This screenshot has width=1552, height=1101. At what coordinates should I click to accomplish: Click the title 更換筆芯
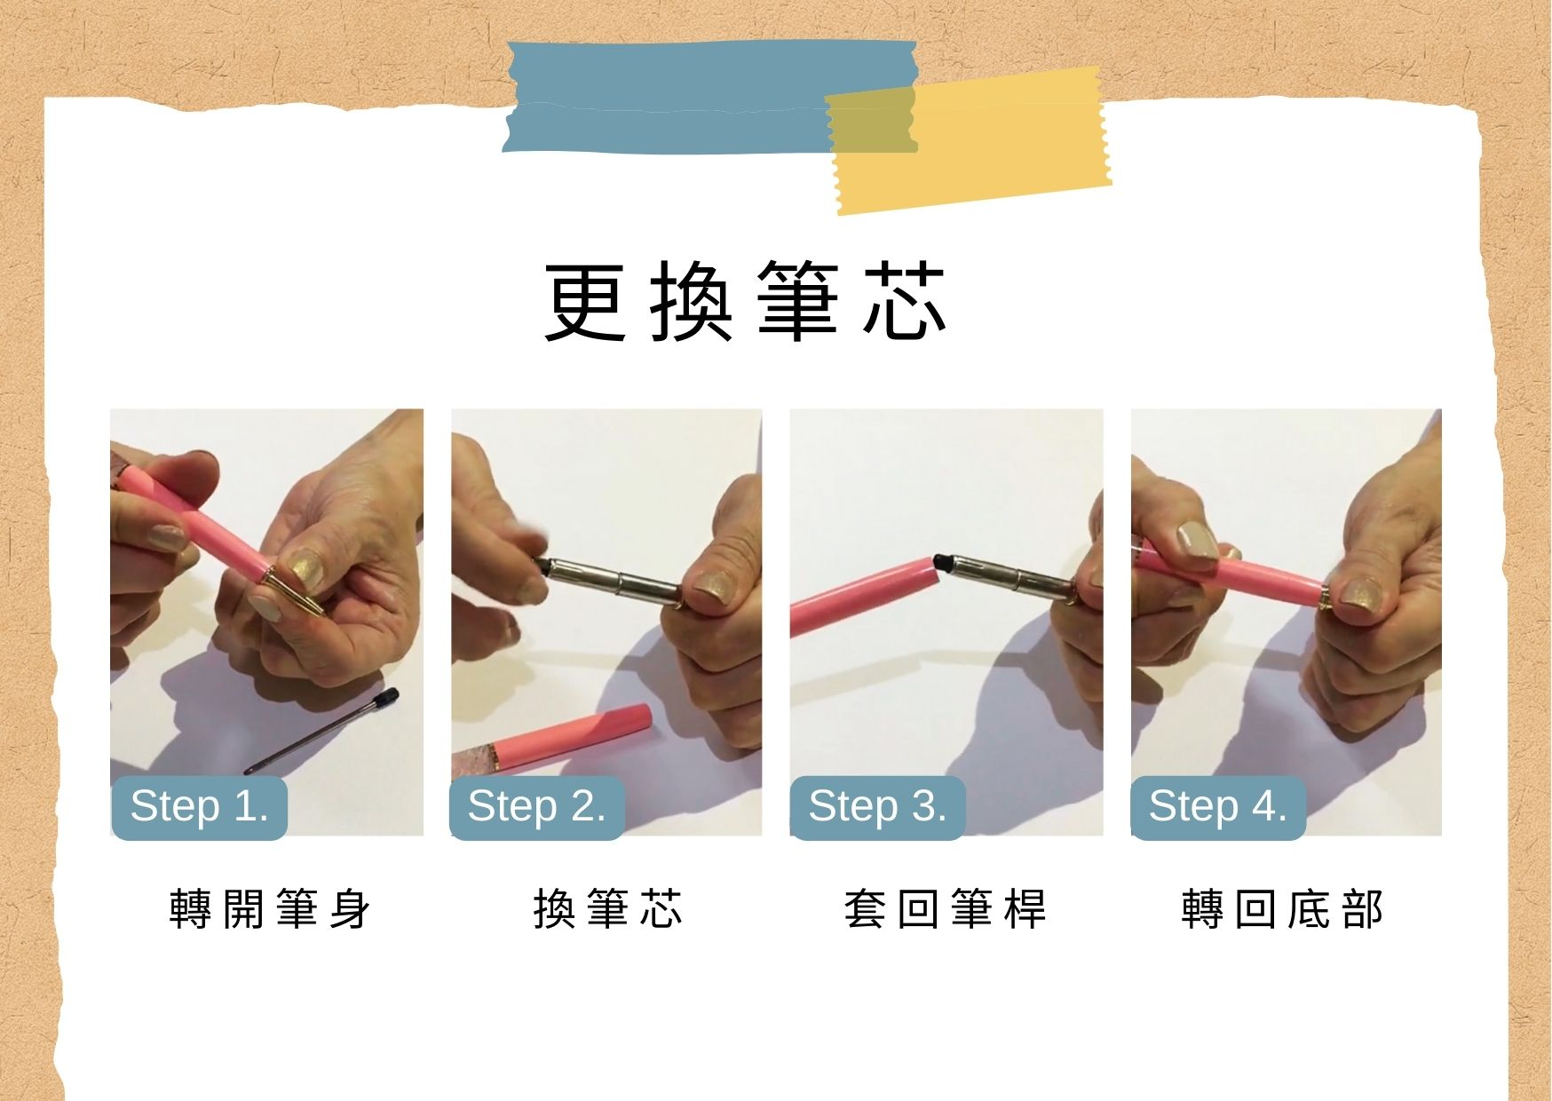(x=746, y=302)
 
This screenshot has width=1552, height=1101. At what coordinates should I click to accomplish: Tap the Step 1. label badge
(x=199, y=807)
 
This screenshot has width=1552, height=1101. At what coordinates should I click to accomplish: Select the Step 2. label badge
(x=537, y=807)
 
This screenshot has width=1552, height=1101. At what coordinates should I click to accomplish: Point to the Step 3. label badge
(x=877, y=807)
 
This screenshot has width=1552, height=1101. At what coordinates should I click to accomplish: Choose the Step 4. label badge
(x=1218, y=807)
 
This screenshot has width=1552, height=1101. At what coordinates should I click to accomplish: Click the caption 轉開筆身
(x=270, y=908)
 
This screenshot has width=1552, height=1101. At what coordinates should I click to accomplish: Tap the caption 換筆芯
(x=608, y=908)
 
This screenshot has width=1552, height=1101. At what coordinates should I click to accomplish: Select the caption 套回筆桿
(x=946, y=908)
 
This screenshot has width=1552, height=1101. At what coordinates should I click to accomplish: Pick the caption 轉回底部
(x=1283, y=908)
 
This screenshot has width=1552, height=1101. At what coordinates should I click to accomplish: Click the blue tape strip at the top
(x=710, y=96)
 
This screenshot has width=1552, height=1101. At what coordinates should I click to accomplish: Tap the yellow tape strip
(x=968, y=140)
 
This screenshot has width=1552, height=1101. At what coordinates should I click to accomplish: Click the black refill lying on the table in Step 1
(x=321, y=731)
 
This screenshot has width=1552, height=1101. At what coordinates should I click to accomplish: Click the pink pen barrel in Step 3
(x=861, y=596)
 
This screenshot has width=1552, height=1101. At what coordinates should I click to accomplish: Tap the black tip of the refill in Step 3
(x=940, y=561)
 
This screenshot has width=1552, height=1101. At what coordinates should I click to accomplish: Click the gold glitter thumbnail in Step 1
(x=305, y=568)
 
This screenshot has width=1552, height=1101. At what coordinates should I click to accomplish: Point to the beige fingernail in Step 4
(x=1196, y=542)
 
